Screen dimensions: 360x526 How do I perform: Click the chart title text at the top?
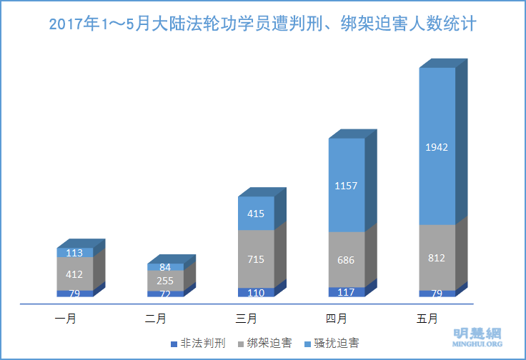pyautogui.click(x=263, y=25)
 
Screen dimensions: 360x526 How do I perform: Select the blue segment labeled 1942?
pyautogui.click(x=437, y=146)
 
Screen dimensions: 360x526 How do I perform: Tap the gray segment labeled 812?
pyautogui.click(x=437, y=258)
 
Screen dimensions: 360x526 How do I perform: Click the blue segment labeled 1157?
pyautogui.click(x=347, y=186)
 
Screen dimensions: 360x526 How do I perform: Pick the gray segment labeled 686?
pyautogui.click(x=347, y=260)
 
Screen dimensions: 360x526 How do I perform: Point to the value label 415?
pyautogui.click(x=256, y=213)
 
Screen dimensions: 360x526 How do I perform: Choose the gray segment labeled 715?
pyautogui.click(x=256, y=259)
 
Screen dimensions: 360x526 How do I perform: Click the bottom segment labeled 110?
pyautogui.click(x=256, y=292)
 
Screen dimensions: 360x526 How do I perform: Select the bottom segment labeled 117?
pyautogui.click(x=347, y=291)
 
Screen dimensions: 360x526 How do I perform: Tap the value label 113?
pyautogui.click(x=75, y=252)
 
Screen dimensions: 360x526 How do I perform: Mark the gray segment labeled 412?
pyautogui.click(x=75, y=273)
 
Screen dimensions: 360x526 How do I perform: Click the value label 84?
pyautogui.click(x=166, y=267)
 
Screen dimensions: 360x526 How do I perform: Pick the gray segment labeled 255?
pyautogui.click(x=166, y=281)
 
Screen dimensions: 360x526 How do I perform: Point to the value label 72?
pyautogui.click(x=166, y=294)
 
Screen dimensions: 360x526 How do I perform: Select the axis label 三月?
pyautogui.click(x=247, y=317)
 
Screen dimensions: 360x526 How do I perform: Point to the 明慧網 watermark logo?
pyautogui.click(x=478, y=335)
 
